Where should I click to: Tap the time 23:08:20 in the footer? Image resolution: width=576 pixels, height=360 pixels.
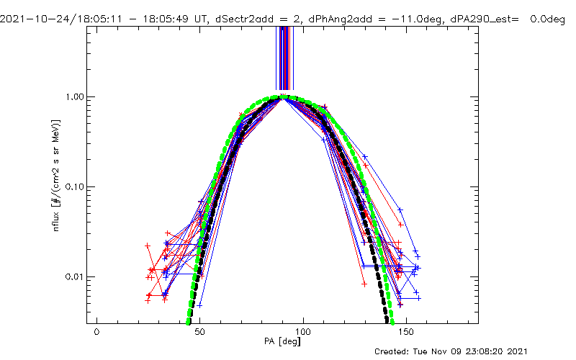[x=508, y=351]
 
